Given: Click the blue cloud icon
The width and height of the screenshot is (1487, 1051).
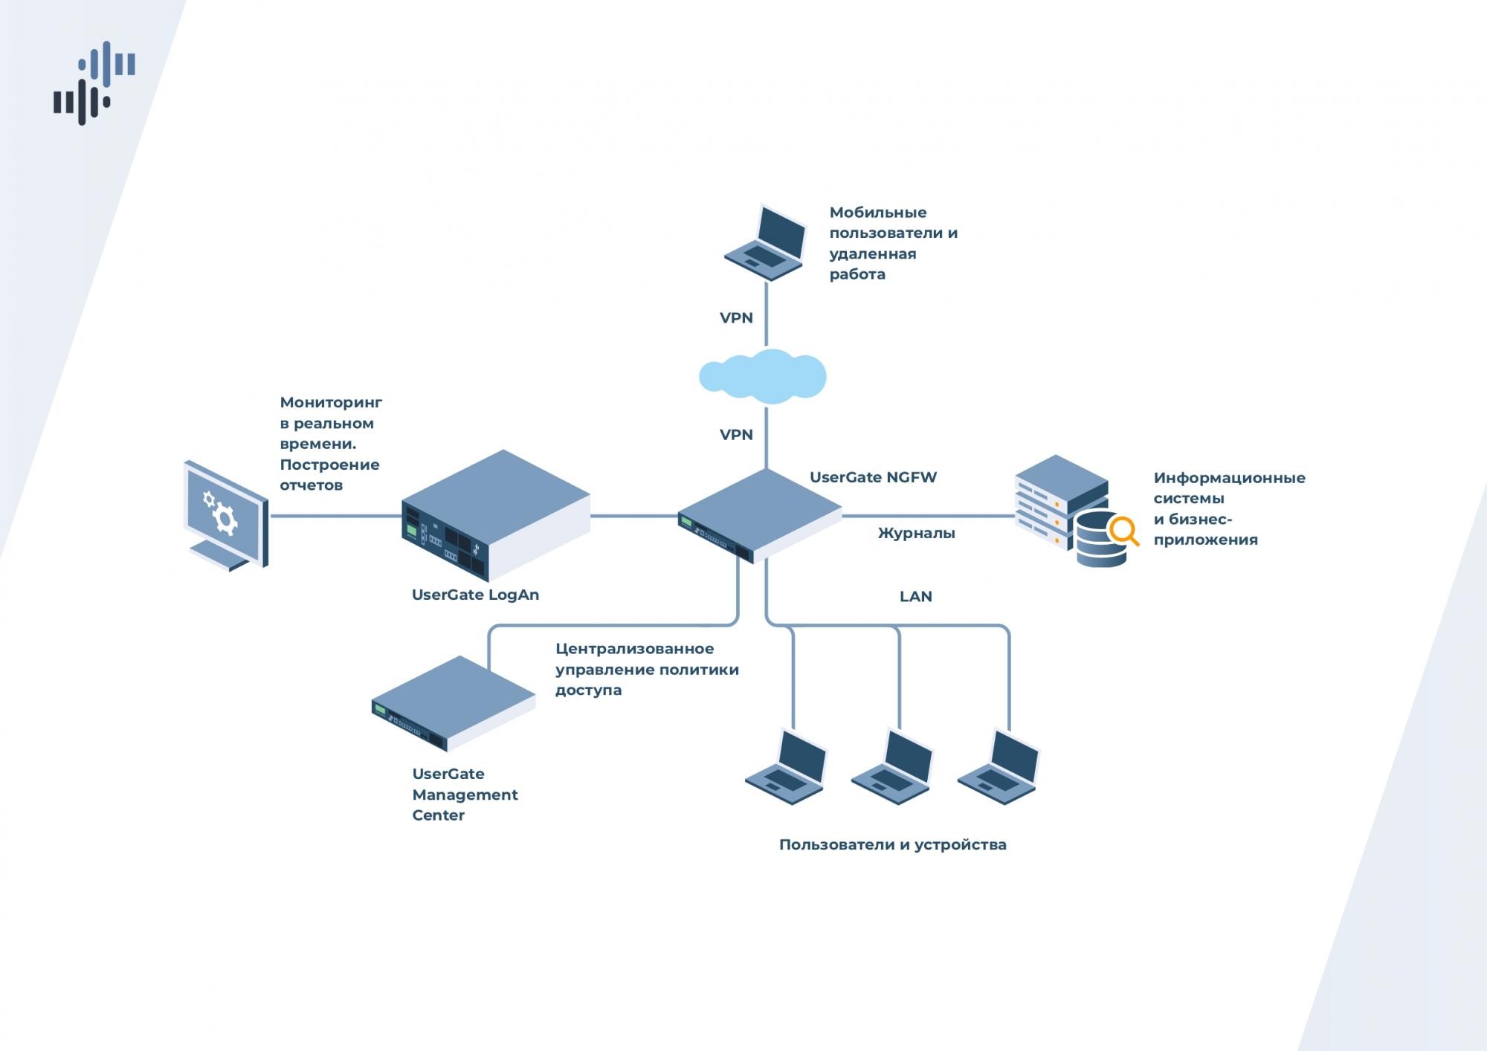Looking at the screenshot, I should (x=763, y=377).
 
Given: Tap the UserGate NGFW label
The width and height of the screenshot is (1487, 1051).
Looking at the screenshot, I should (x=873, y=477).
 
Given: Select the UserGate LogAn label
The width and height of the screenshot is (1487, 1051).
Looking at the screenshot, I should (x=475, y=595).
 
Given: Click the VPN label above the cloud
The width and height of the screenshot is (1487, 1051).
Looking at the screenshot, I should (x=736, y=318).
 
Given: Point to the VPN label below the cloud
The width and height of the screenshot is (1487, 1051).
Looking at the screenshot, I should (x=736, y=435).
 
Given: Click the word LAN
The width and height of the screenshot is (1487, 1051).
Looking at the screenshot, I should (x=915, y=596).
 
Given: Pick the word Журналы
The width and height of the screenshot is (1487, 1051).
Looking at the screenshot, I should (x=916, y=533).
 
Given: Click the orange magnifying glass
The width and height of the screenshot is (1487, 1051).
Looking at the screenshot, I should (x=1123, y=531).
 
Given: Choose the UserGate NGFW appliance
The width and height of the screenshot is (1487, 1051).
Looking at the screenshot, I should (x=759, y=515).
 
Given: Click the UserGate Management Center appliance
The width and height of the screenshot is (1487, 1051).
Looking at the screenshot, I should (x=453, y=702).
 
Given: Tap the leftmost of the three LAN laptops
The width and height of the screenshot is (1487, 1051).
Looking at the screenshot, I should (x=787, y=767).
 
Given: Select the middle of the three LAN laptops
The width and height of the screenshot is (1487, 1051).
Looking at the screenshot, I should (x=892, y=767).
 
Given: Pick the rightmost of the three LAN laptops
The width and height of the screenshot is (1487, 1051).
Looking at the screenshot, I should (x=999, y=767).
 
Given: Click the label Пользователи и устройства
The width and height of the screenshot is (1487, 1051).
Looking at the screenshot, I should (x=892, y=844).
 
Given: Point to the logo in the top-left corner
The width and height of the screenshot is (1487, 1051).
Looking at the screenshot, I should (x=94, y=83).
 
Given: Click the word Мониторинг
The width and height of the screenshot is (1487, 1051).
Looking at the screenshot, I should (x=331, y=403).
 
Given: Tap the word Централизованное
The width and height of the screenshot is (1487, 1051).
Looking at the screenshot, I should (x=634, y=649).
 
